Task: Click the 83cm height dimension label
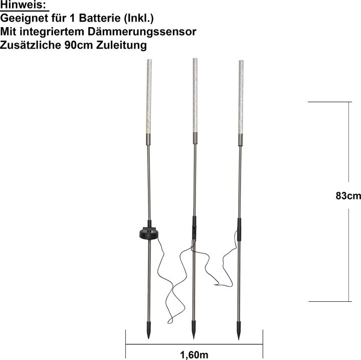[x=348, y=196]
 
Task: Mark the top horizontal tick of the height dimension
[x=328, y=102]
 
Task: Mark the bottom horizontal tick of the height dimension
[x=328, y=301]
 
